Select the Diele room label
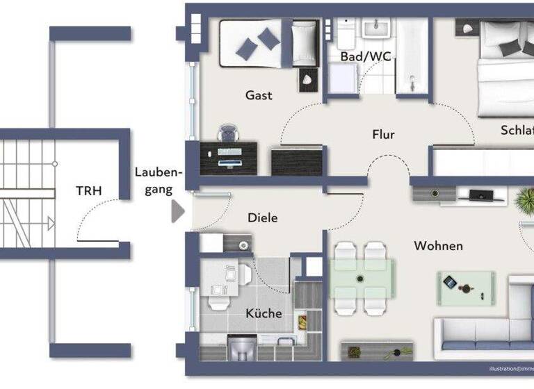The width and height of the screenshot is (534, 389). click(x=262, y=217)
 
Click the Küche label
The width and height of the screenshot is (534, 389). click(x=264, y=313)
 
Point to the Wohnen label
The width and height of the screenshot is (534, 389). click(x=438, y=246)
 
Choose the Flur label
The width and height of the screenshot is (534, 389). click(x=383, y=134)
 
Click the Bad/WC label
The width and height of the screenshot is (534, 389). click(x=366, y=56)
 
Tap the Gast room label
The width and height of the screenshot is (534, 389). click(x=259, y=95)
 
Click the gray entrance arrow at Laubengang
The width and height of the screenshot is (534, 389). click(x=178, y=211)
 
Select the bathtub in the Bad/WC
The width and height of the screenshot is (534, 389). click(x=413, y=56)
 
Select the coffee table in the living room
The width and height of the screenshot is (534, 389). click(x=466, y=283)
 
